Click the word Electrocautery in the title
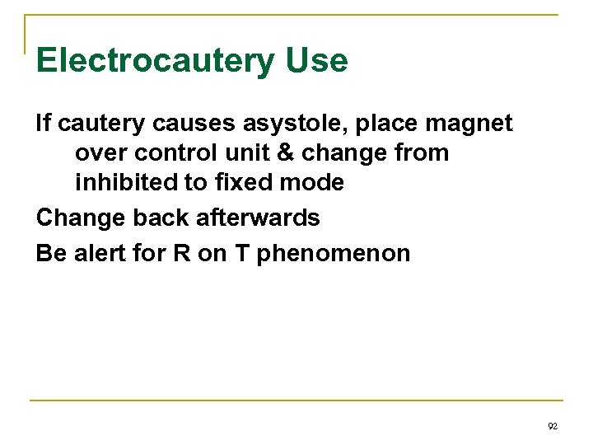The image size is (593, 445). [154, 61]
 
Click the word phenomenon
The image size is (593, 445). [334, 254]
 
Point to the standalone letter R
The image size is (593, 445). [181, 253]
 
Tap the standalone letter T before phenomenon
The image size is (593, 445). [241, 253]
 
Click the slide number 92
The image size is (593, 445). [553, 426]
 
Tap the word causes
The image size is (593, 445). [189, 124]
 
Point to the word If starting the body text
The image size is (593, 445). [43, 124]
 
